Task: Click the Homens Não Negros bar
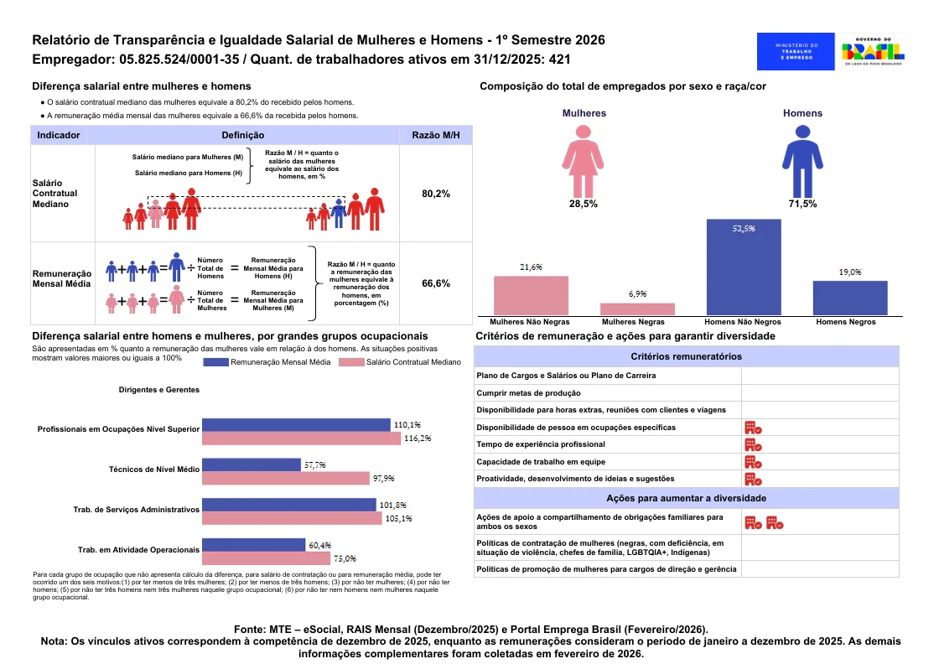(x=744, y=267)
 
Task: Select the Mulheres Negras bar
(x=637, y=309)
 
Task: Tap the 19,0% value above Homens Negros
(x=850, y=272)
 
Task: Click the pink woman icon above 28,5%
(x=584, y=161)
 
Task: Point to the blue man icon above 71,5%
(x=802, y=161)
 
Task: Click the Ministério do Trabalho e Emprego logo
(x=796, y=51)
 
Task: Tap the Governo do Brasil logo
(x=874, y=51)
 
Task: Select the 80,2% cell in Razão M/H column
(x=436, y=194)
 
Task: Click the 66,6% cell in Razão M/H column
(x=436, y=283)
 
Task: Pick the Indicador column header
(x=59, y=135)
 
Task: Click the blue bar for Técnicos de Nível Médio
(x=252, y=464)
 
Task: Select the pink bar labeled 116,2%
(x=301, y=438)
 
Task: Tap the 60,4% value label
(x=320, y=546)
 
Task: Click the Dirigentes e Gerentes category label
(x=159, y=390)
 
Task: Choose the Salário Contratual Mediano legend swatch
(x=351, y=362)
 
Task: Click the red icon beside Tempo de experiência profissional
(x=754, y=445)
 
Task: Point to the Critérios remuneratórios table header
(x=686, y=356)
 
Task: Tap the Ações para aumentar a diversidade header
(x=686, y=499)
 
